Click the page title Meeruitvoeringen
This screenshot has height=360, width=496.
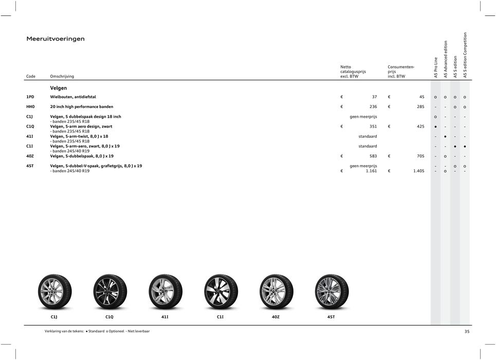click(x=56, y=39)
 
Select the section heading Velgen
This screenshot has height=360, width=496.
click(x=58, y=88)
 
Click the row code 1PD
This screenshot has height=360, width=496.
click(x=31, y=97)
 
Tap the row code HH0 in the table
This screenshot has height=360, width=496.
click(x=31, y=107)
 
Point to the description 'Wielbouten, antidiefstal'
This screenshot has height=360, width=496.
click(x=72, y=97)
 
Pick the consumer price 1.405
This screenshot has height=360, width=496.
click(x=418, y=171)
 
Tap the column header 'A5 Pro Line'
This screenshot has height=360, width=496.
click(x=436, y=67)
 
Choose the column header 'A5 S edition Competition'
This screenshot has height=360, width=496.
click(x=465, y=55)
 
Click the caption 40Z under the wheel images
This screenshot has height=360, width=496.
click(x=275, y=317)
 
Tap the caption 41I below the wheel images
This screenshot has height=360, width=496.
click(x=164, y=317)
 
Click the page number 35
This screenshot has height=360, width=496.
click(x=467, y=332)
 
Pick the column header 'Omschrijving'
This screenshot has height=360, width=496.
click(x=62, y=77)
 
